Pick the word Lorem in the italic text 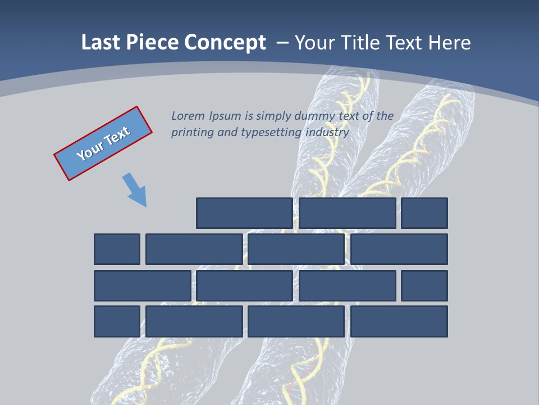188,116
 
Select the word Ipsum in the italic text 225,116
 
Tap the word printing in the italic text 191,133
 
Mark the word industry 327,133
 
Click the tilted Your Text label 103,143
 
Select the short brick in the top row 424,213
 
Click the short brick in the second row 117,249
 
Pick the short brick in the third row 424,286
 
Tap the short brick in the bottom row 117,322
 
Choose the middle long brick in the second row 296,249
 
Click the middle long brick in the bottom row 296,322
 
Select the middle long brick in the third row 244,286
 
